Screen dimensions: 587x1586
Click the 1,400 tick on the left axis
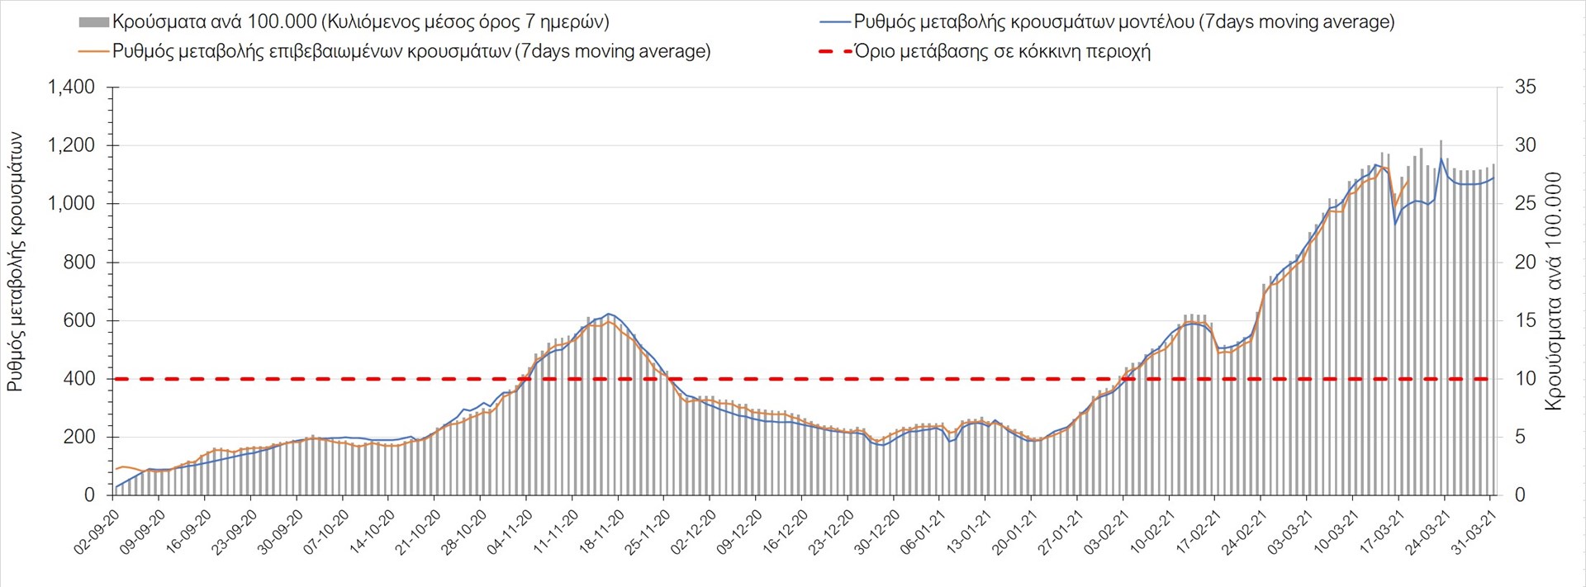point(71,88)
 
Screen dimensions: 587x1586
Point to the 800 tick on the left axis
point(79,263)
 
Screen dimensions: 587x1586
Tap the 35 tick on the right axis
point(1525,88)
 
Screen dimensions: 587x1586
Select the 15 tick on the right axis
point(1525,320)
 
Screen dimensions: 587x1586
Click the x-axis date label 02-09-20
point(97,532)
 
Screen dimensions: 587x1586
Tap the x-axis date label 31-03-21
point(1474,532)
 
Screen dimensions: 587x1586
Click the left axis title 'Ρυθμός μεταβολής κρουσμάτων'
point(15,261)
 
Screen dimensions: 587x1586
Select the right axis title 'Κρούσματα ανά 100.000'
point(1553,291)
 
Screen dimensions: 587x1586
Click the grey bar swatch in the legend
point(93,22)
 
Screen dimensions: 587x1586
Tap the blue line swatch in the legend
point(834,22)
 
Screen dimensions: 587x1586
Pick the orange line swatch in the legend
point(93,51)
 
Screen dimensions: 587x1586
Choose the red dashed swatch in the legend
point(834,51)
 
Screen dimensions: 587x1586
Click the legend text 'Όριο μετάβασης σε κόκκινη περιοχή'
point(1002,51)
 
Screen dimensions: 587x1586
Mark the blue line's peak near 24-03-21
point(1441,159)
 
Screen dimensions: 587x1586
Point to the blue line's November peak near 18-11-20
point(609,314)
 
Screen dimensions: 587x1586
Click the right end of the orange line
point(1408,181)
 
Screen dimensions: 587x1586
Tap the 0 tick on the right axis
point(1520,495)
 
